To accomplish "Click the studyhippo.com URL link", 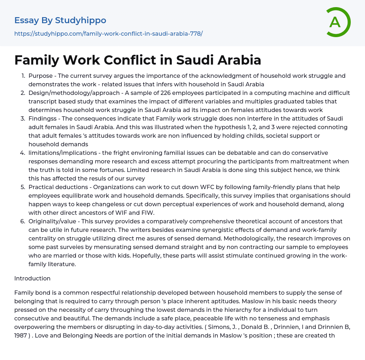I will pyautogui.click(x=108, y=34).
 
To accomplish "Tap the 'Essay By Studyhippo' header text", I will pyautogui.click(x=60, y=20).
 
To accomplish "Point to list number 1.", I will pyautogui.click(x=23, y=76).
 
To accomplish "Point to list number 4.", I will pyautogui.click(x=23, y=153).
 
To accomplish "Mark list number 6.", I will pyautogui.click(x=23, y=221).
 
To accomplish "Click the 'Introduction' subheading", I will pyautogui.click(x=32, y=278).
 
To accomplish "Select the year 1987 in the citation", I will pyautogui.click(x=21, y=335).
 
